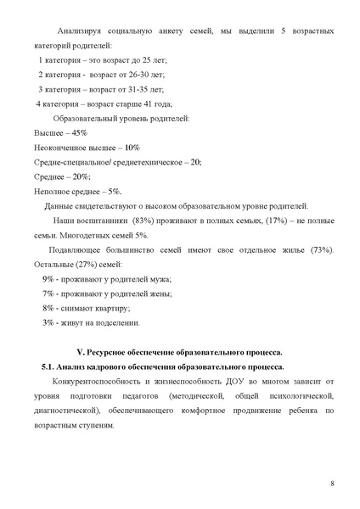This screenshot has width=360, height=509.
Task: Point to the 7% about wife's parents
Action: click(x=48, y=294)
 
